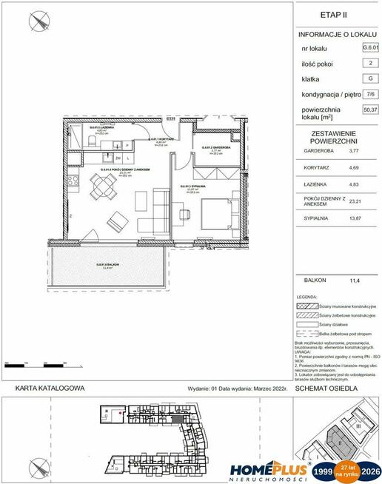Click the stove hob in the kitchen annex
(x=74, y=183)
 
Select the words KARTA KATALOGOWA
(x=48, y=387)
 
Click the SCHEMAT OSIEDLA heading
(x=326, y=387)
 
